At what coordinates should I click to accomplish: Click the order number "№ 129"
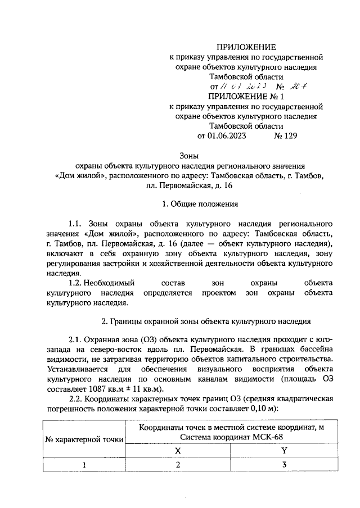point(286,135)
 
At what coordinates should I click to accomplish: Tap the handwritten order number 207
point(297,87)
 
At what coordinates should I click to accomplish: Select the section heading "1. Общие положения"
point(180,203)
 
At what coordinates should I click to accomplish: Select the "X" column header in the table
point(178,450)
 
